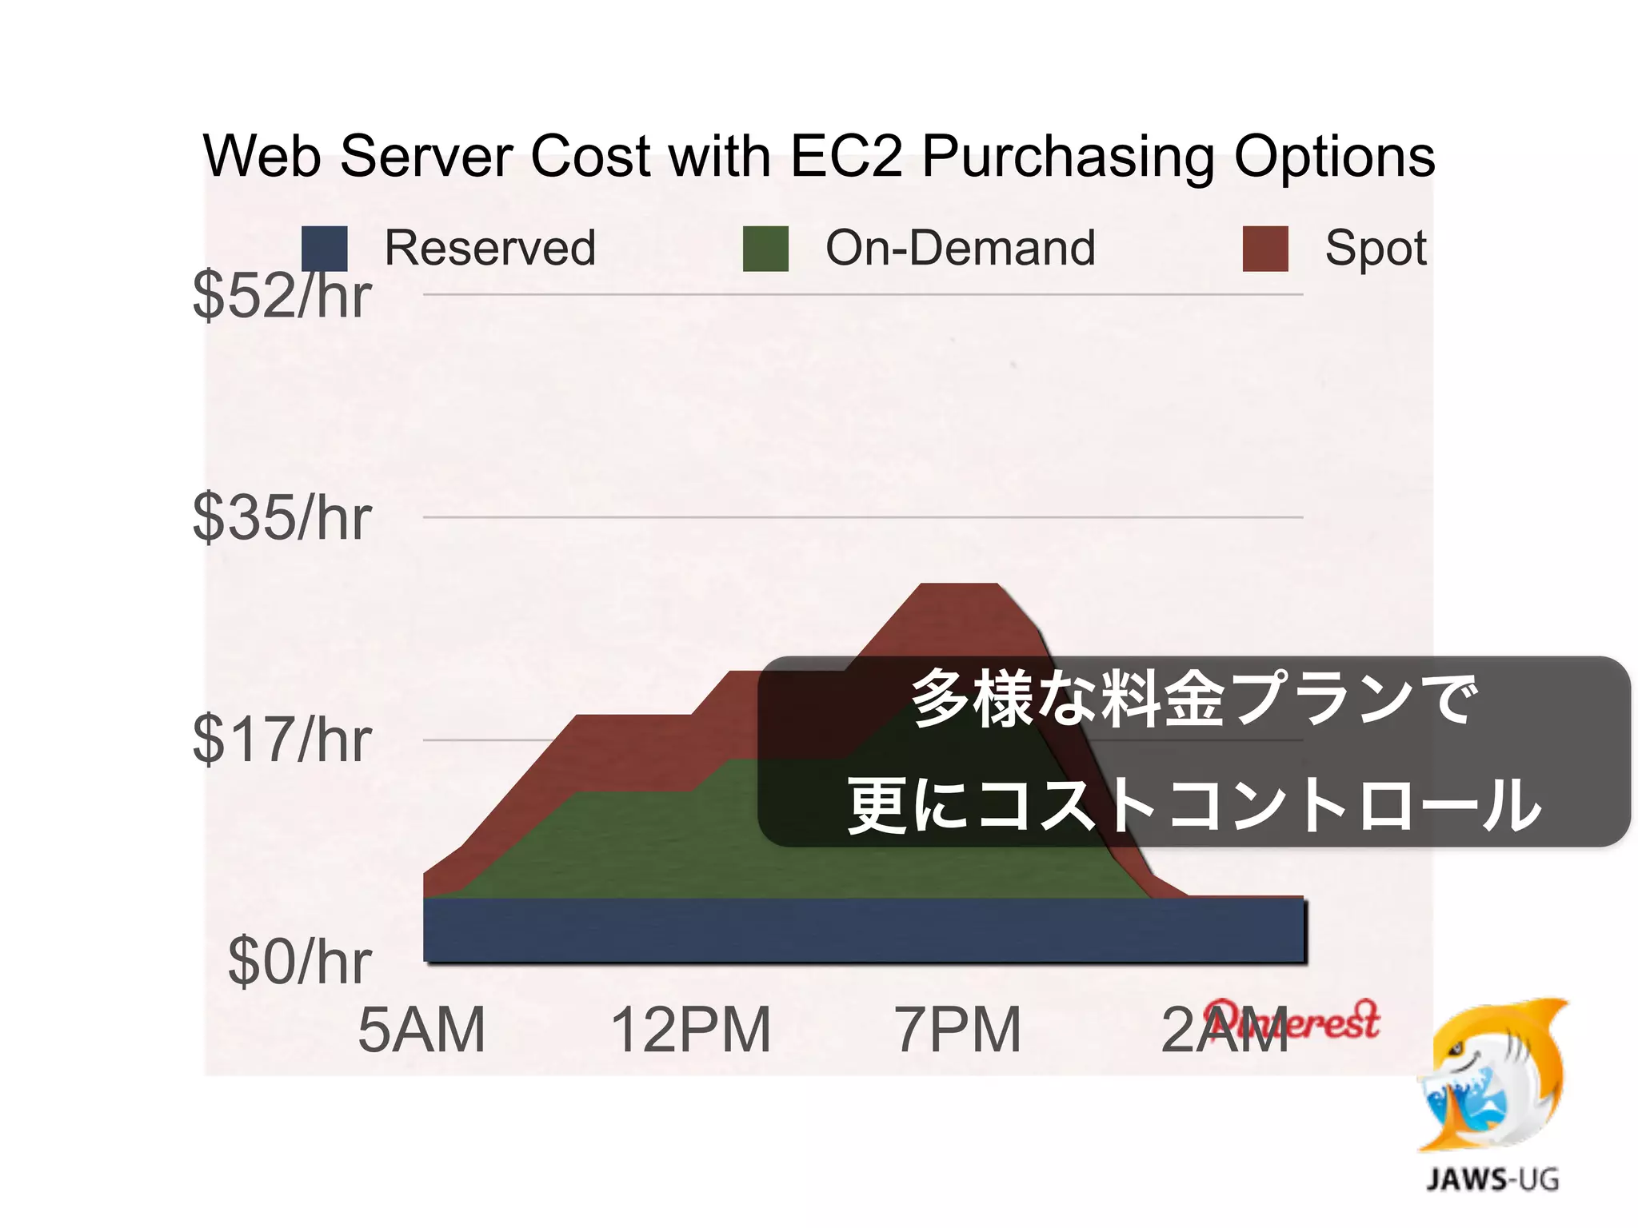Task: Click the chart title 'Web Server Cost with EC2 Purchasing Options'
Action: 819,156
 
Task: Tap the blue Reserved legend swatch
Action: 325,249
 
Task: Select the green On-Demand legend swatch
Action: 765,249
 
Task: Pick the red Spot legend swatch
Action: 1265,249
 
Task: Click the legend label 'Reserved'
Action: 490,248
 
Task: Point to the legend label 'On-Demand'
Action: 961,248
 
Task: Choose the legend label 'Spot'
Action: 1376,248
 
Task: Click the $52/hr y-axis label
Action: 282,296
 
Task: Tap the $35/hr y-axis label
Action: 282,518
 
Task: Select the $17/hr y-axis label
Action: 282,740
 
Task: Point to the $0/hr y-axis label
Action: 299,962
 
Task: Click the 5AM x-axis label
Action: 421,1030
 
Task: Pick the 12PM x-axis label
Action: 691,1030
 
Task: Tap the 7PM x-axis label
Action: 958,1030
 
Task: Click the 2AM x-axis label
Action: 1224,1030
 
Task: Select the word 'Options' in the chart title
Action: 1334,157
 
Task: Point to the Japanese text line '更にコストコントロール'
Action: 1193,804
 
